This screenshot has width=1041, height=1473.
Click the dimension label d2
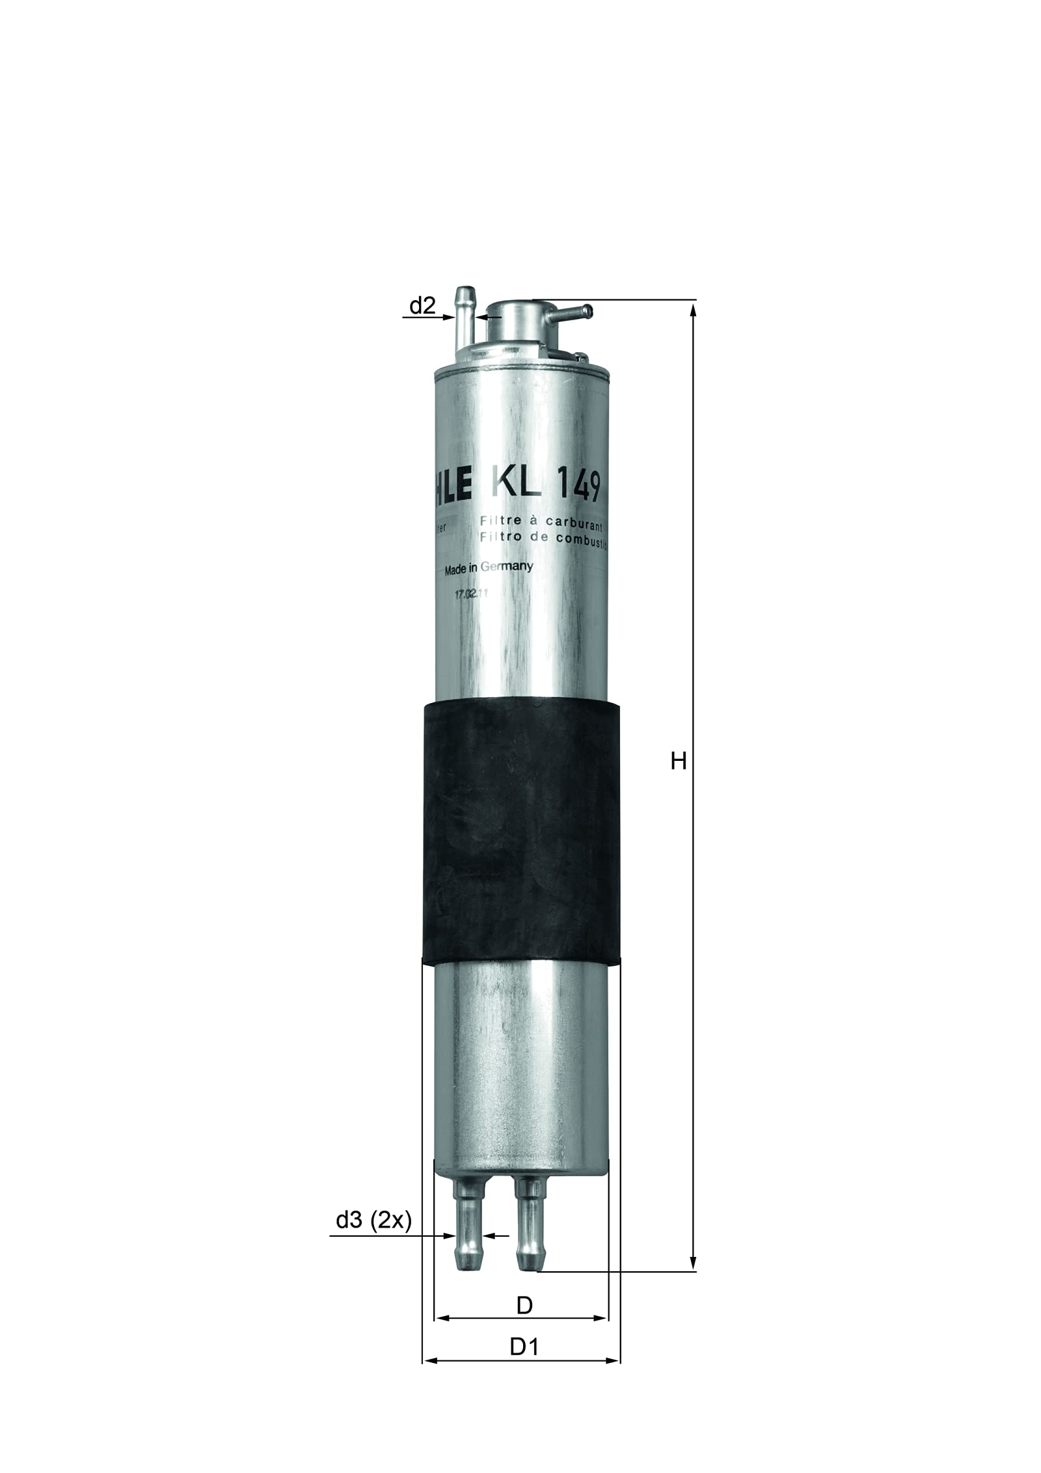point(422,305)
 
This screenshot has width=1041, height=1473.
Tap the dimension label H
point(679,761)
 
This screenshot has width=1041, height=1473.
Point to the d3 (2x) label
point(374,1239)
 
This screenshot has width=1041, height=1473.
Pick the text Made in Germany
point(488,568)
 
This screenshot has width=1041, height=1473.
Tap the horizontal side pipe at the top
point(570,315)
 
